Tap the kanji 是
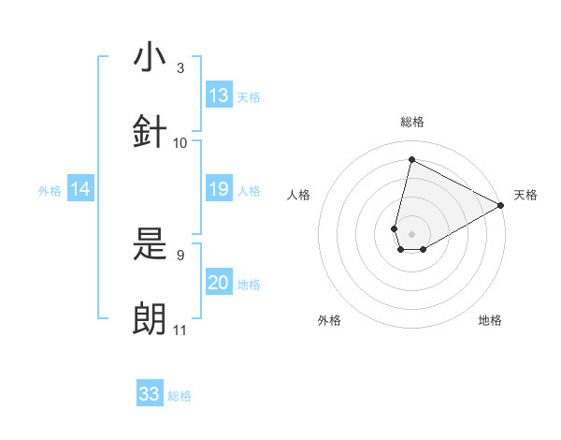(x=151, y=246)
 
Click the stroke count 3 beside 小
(x=180, y=68)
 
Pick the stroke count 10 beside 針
(x=180, y=142)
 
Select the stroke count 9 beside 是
(x=180, y=255)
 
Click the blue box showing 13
(x=219, y=95)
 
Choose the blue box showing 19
(x=219, y=190)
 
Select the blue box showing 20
(x=219, y=283)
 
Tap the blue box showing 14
(x=80, y=190)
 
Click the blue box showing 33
(x=150, y=394)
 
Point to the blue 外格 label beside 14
(x=50, y=191)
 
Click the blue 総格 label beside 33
(x=180, y=396)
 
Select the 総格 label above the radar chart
(x=411, y=123)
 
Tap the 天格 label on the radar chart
(x=525, y=195)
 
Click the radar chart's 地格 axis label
(x=490, y=320)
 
